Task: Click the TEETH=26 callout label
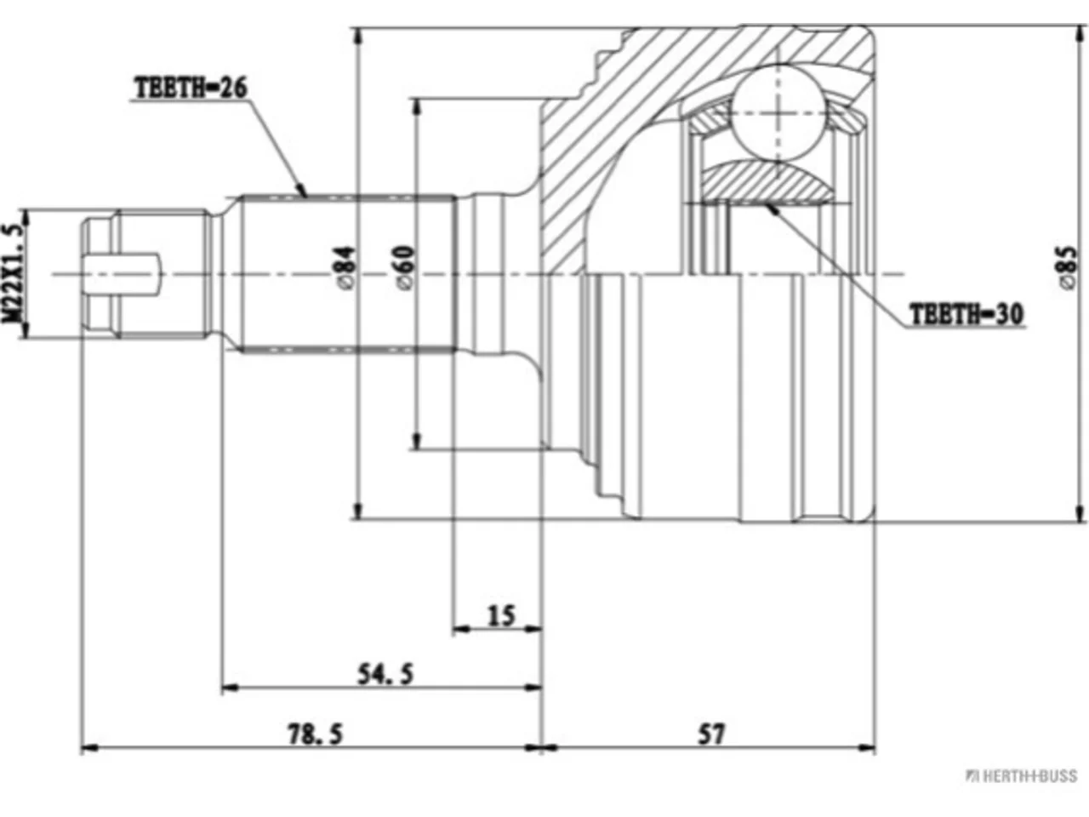point(191,89)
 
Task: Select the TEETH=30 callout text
point(966,313)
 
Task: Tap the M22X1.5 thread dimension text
point(14,274)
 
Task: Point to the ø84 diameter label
point(345,267)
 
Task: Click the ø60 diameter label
point(404,267)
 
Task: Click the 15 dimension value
point(502,615)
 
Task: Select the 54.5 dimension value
point(385,674)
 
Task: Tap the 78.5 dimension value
point(316,734)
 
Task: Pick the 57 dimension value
point(711,734)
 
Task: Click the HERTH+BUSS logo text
point(1022,776)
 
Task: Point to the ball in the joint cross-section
point(778,113)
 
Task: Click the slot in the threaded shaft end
point(123,274)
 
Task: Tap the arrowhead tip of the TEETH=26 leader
point(306,197)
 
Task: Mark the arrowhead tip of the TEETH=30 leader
point(766,204)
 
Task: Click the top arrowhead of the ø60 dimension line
point(417,100)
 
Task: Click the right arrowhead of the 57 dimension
point(875,747)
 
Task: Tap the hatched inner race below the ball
point(769,182)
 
